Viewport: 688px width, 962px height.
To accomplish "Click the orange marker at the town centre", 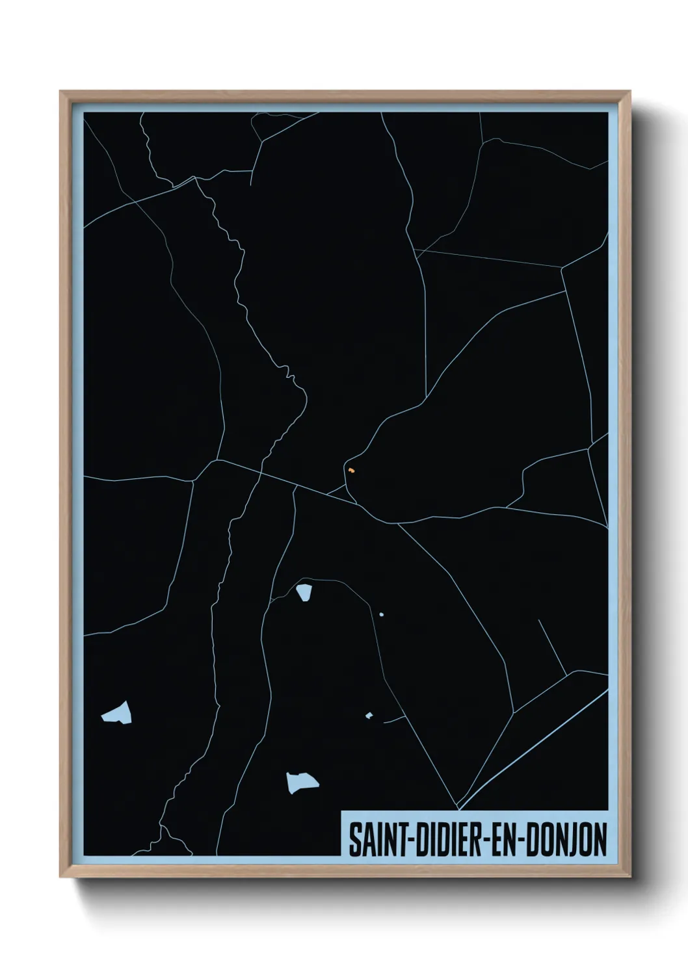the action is [351, 469].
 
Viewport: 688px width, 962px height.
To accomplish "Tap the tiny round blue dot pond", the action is [381, 614].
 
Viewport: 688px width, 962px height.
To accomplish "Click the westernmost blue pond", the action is [117, 713].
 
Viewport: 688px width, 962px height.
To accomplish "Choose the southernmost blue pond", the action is [302, 782].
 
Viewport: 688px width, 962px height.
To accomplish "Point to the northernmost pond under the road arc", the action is [304, 593].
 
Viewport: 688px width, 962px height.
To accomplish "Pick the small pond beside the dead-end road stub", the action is [369, 716].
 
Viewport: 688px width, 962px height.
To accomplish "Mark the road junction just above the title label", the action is [458, 809].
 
